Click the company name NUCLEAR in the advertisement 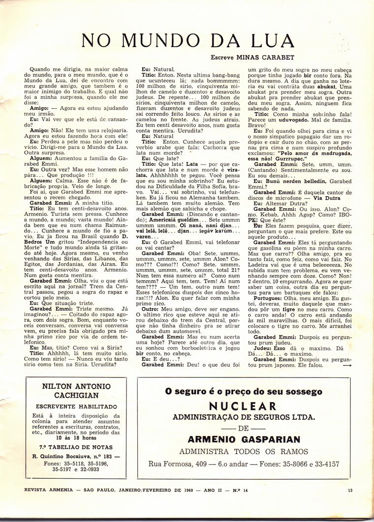(x=243, y=406)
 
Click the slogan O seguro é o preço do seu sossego (x=244, y=392)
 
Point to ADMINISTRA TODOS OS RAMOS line (x=244, y=451)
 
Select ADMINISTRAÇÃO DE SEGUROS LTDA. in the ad (x=244, y=417)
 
